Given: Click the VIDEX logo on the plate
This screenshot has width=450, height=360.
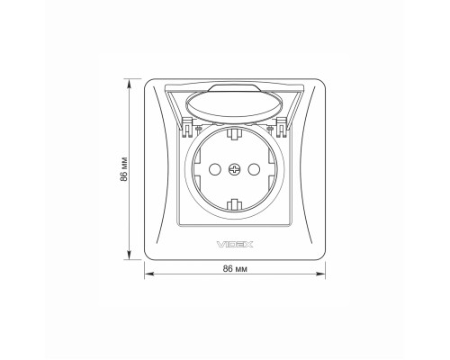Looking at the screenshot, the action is point(235,245).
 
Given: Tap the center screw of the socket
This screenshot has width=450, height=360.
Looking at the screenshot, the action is point(235,170).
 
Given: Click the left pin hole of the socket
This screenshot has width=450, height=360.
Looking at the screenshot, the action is point(215,170).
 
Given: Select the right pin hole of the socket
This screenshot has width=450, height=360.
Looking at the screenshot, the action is point(254,170).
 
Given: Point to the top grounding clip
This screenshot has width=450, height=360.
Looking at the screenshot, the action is point(235,134).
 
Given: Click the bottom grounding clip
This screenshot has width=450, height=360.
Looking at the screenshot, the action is point(235,204).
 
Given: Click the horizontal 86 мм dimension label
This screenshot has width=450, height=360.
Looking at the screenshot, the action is point(235,269).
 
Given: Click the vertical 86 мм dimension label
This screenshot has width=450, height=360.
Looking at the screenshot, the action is point(124,169).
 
